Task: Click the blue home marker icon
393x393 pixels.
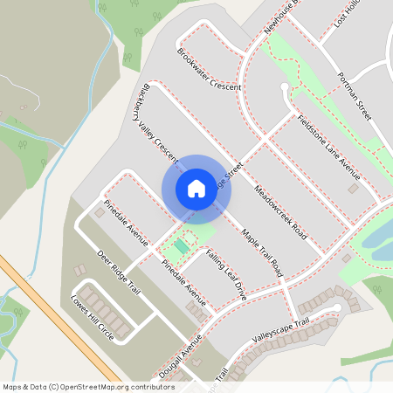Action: click(196, 188)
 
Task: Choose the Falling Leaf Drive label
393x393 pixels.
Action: click(227, 275)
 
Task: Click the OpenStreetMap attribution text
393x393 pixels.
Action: click(87, 386)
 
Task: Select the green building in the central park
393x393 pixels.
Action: click(181, 247)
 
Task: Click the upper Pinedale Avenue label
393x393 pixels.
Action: click(127, 223)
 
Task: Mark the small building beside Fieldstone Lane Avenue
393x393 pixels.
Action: click(353, 188)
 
